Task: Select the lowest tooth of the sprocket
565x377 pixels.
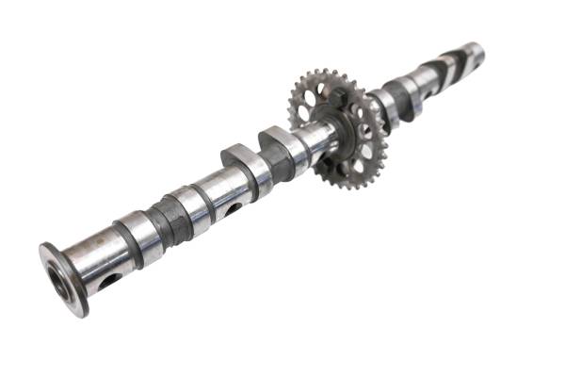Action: [356, 188]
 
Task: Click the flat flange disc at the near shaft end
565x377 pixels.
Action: [63, 277]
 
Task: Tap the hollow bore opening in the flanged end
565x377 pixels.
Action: [59, 280]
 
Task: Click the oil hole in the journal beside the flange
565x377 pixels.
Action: [109, 279]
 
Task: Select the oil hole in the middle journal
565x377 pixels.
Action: [230, 209]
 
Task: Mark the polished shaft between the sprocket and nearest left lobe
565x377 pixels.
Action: [311, 141]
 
